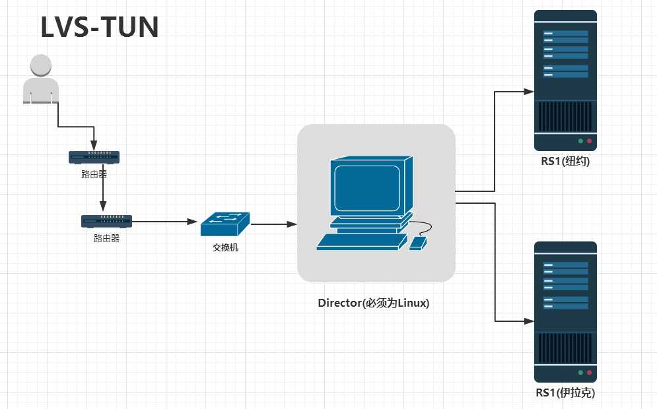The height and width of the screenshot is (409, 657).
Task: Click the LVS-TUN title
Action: coord(100,27)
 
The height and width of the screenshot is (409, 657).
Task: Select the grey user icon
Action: coord(40,80)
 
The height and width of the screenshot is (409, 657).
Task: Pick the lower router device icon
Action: coord(106,222)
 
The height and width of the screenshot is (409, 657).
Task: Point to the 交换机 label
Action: coord(225,248)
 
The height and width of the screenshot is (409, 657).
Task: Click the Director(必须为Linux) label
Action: coord(374,303)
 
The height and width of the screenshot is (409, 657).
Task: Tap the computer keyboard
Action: coord(361,242)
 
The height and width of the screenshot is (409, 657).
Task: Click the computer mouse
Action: coord(418,243)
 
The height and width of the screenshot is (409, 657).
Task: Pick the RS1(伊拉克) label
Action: coord(565,393)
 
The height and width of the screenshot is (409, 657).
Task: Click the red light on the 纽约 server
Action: coord(589,141)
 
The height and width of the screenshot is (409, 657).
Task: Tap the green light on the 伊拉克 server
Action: coord(580,373)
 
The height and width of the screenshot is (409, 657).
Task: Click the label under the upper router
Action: coord(94,175)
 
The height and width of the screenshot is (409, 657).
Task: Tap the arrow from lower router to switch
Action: coord(165,222)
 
